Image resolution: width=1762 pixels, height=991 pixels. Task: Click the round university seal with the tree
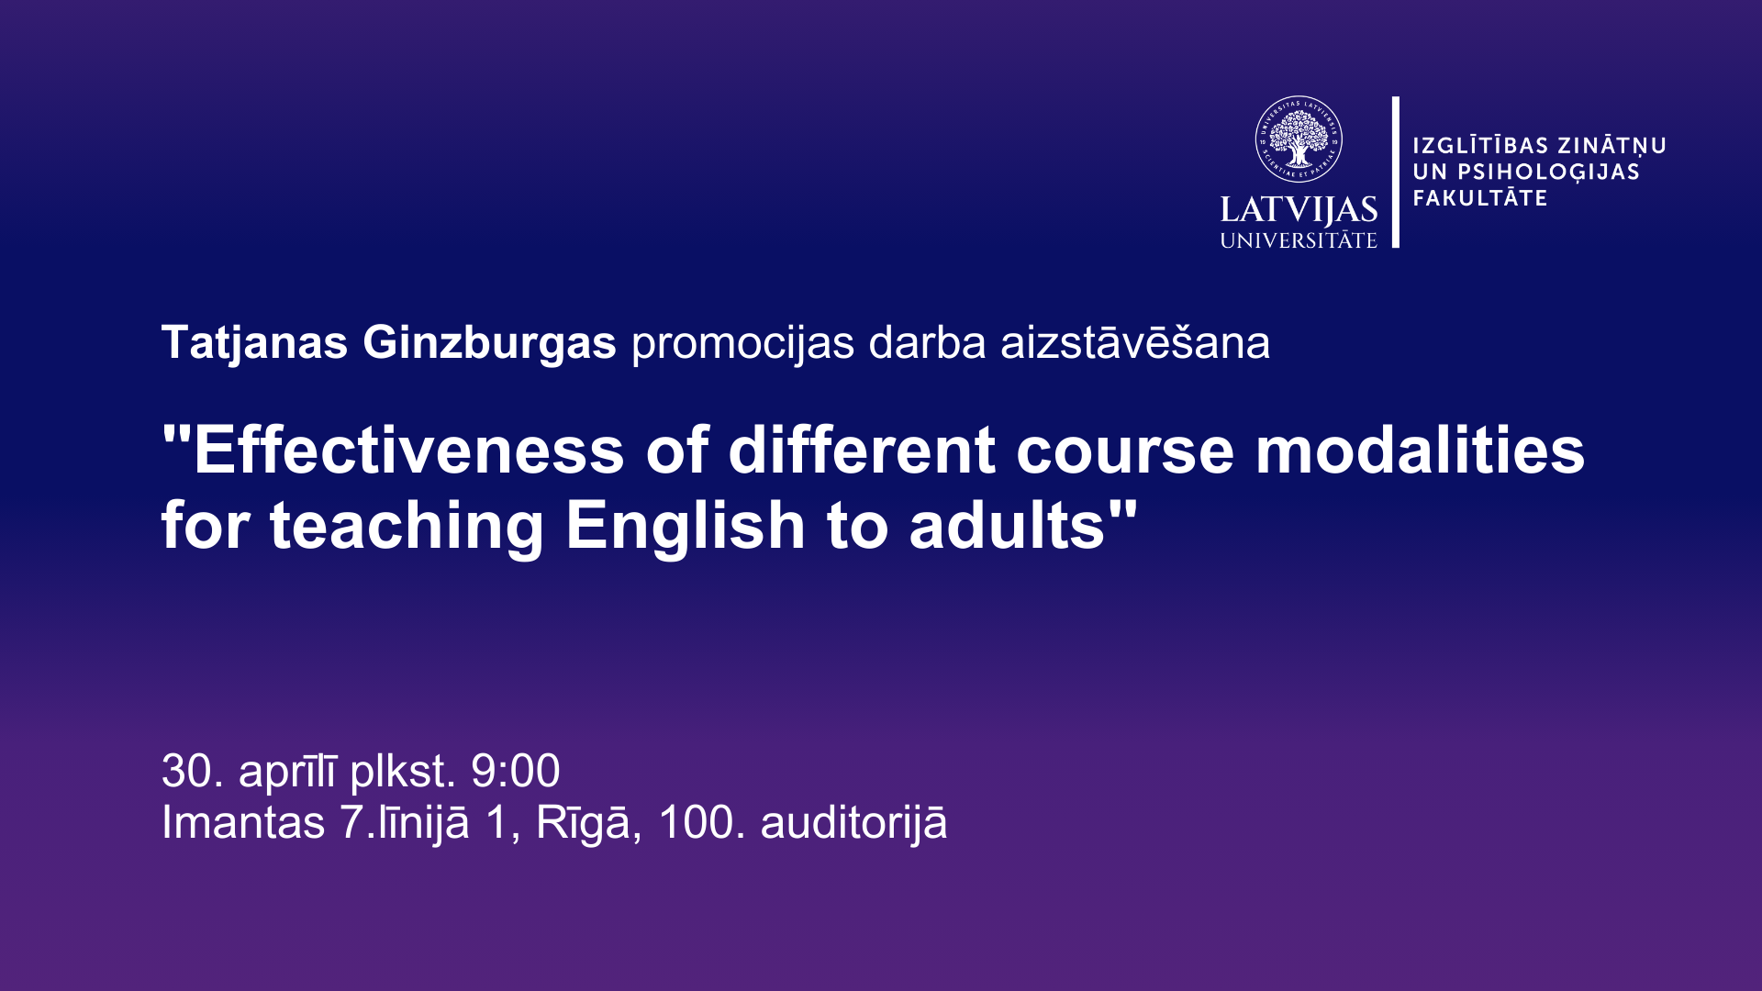[x=1299, y=139]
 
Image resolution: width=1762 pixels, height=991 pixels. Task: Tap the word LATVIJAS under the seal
[x=1299, y=210]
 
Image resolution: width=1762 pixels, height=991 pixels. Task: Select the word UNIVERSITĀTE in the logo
[x=1299, y=240]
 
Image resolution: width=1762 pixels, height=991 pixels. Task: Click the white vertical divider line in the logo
[x=1396, y=172]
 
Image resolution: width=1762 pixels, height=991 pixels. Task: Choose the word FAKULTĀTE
[x=1480, y=197]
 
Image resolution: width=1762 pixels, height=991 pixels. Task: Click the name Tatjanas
[x=254, y=344]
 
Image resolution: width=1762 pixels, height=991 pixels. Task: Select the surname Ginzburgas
[x=489, y=344]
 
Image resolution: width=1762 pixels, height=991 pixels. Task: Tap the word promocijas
[x=743, y=344]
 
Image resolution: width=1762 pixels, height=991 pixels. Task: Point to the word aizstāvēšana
[x=1135, y=341]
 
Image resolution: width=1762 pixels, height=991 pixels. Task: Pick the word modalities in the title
[x=1420, y=451]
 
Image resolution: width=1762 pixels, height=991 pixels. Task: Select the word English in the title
[x=686, y=528]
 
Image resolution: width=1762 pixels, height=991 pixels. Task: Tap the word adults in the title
[x=1007, y=526]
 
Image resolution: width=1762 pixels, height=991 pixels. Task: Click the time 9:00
[x=515, y=771]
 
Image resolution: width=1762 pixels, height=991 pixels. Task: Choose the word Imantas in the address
[x=243, y=822]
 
